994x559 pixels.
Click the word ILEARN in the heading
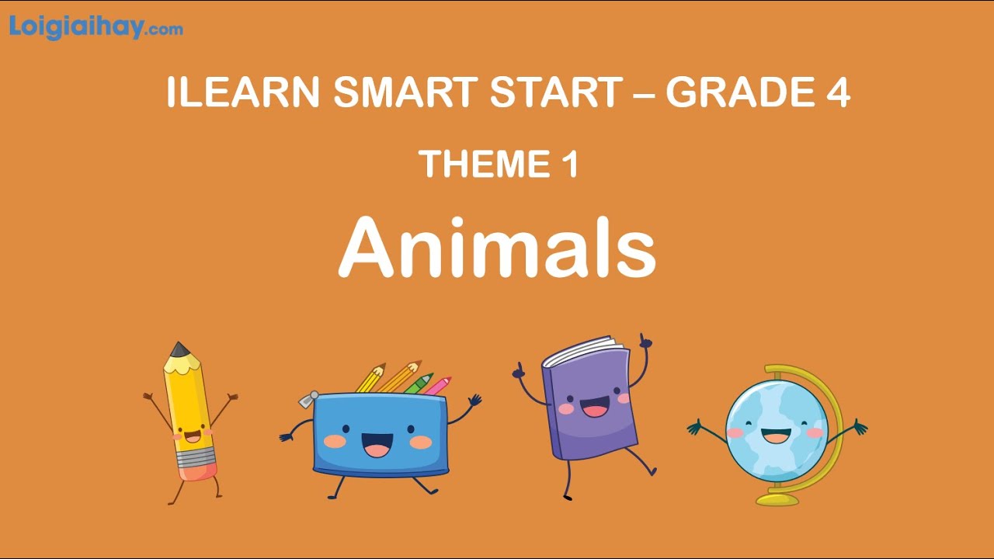click(x=242, y=92)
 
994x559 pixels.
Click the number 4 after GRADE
click(x=837, y=92)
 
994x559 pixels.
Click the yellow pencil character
click(x=189, y=411)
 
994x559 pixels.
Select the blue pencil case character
click(x=381, y=435)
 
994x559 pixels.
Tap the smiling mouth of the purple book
click(x=596, y=407)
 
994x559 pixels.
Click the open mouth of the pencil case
click(x=377, y=445)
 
